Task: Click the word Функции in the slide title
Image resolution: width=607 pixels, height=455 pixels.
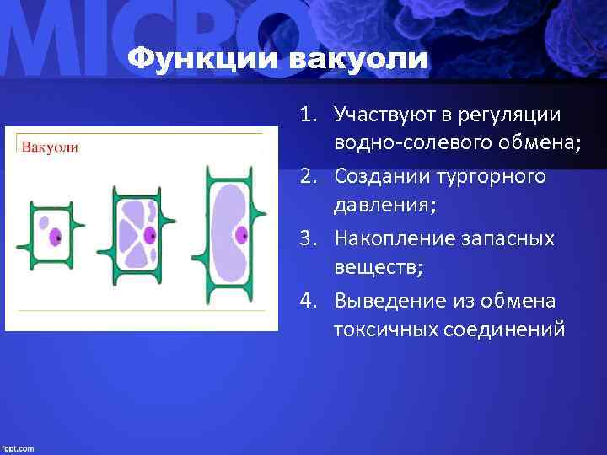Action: (203, 60)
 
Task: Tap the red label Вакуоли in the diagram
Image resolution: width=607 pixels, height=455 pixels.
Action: (50, 147)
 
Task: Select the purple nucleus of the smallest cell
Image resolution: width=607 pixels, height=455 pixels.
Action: (56, 238)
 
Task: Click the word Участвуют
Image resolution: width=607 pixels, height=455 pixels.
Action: (379, 114)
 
